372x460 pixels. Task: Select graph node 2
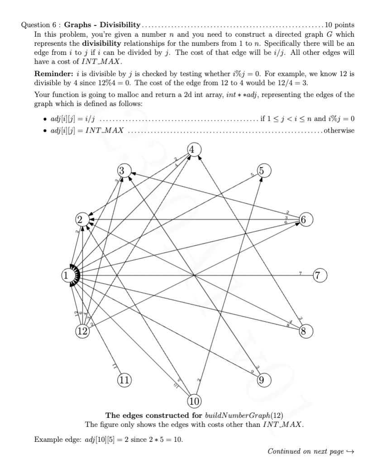(80, 220)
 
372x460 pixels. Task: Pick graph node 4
(193, 150)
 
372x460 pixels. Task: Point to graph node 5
(264, 171)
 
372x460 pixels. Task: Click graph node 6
(305, 220)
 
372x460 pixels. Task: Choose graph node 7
(320, 275)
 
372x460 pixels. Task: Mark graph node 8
(305, 330)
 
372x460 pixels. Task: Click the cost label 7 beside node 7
(300, 272)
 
